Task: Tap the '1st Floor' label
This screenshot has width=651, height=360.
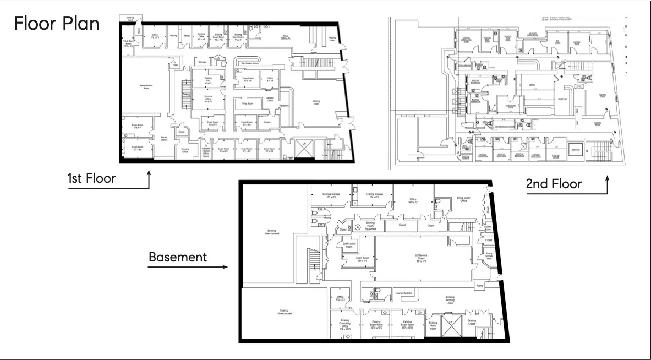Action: point(91,179)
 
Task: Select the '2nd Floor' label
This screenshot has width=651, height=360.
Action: point(553,183)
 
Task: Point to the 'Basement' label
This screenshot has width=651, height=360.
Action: point(177,257)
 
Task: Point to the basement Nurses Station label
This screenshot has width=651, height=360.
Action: point(403,293)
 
